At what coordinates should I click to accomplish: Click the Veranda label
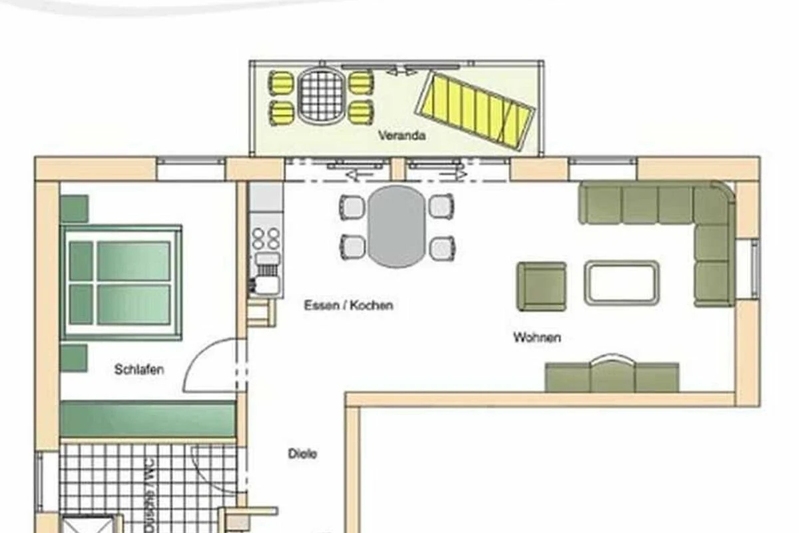(401, 136)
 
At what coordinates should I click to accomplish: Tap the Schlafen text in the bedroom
(139, 370)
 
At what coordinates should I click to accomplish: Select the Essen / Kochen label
(348, 305)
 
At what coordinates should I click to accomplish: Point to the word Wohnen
(537, 337)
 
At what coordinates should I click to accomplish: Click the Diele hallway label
(302, 454)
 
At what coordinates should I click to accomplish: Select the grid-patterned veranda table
(322, 96)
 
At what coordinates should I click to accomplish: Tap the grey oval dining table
(397, 227)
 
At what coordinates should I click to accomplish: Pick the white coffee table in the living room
(622, 282)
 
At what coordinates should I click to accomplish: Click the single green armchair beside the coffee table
(542, 286)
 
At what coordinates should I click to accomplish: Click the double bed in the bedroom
(121, 282)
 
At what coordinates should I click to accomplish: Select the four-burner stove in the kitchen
(266, 239)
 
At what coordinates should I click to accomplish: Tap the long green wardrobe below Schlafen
(148, 419)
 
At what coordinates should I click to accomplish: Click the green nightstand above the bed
(74, 209)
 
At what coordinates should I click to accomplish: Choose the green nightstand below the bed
(74, 358)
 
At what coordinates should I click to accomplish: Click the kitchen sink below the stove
(266, 275)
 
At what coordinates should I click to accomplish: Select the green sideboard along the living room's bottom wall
(612, 376)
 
